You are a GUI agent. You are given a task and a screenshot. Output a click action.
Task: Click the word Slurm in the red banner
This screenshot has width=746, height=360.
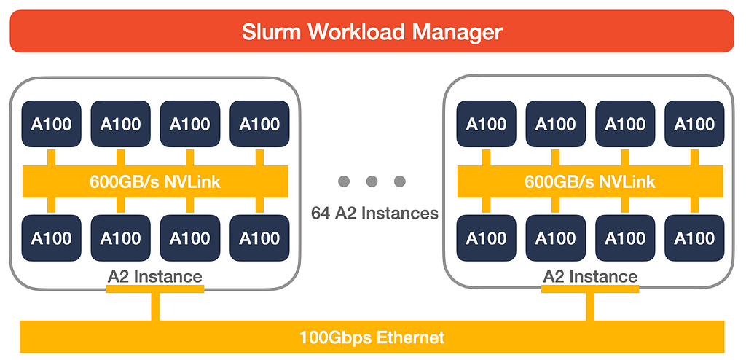click(271, 32)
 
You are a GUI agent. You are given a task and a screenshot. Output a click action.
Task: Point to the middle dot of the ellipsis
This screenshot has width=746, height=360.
click(372, 181)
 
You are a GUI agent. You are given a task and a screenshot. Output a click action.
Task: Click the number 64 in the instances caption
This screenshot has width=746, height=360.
click(321, 213)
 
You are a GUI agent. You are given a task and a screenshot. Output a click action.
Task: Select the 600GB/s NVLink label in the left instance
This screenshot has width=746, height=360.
click(155, 181)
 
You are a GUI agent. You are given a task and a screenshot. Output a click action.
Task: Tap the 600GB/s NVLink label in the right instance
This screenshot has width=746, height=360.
click(590, 181)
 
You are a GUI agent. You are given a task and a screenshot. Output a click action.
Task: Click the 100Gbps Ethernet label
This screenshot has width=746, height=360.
click(372, 337)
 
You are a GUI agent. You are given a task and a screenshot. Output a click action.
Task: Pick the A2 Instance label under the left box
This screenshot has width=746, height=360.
click(155, 276)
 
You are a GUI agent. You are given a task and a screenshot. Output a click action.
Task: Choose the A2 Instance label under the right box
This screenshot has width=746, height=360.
click(590, 276)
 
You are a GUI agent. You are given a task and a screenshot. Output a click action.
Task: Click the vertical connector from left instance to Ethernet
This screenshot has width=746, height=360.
click(155, 306)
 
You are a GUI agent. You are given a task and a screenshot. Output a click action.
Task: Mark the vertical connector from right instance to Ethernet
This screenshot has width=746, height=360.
click(590, 306)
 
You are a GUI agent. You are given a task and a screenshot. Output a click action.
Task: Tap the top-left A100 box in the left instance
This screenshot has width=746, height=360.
click(52, 124)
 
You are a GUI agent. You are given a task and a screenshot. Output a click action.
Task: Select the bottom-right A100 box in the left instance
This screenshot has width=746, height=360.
click(260, 238)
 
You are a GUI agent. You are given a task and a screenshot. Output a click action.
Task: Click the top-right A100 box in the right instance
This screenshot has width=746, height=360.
click(694, 124)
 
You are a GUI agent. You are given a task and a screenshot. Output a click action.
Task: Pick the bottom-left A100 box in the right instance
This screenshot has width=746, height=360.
click(486, 238)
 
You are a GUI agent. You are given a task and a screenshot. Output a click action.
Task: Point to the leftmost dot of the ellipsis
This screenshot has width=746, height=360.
click(344, 181)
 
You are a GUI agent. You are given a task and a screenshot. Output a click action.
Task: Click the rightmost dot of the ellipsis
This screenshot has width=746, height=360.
click(400, 181)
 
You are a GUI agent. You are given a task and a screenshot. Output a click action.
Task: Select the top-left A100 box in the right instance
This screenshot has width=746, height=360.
click(486, 124)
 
